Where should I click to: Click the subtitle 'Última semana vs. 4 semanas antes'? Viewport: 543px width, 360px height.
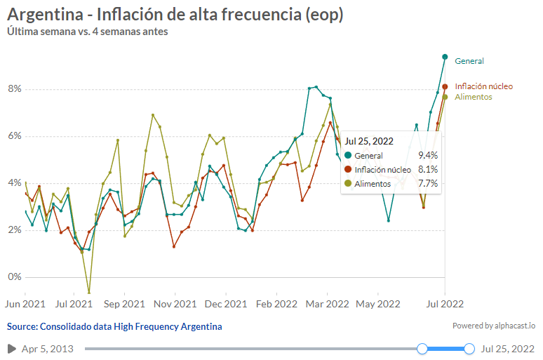pos(87,32)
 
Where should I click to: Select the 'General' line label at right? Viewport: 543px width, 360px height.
pos(469,61)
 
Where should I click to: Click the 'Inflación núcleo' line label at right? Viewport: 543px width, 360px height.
pos(483,86)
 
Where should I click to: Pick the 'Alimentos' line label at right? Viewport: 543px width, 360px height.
pos(473,97)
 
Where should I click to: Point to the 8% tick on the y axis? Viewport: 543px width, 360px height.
pos(15,89)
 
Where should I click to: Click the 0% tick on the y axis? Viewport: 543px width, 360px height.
pos(15,276)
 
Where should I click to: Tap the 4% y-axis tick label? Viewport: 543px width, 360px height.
pos(15,183)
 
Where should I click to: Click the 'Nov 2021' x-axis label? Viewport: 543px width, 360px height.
pos(175,304)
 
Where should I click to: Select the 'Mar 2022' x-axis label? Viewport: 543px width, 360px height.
pos(327,304)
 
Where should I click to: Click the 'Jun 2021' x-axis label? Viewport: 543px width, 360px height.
pos(25,304)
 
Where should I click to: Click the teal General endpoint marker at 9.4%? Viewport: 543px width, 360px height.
pos(445,57)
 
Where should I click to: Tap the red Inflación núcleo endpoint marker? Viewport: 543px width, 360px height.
pos(445,87)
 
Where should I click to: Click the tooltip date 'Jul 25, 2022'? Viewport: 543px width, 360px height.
pos(368,141)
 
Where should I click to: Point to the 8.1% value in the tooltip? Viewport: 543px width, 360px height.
pos(428,169)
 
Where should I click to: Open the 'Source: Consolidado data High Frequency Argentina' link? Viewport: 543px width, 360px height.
pos(114,326)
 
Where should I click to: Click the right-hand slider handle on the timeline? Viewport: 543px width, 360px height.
pos(469,349)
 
